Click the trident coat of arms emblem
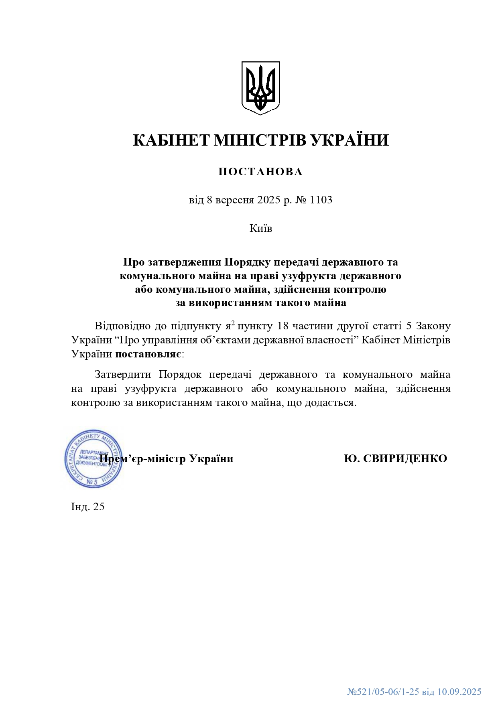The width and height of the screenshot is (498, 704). [x=260, y=88]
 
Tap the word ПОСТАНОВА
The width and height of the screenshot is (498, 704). [x=260, y=172]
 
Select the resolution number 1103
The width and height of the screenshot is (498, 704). [x=321, y=200]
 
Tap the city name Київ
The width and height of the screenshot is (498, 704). [x=261, y=229]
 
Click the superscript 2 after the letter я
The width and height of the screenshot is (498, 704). [x=233, y=323]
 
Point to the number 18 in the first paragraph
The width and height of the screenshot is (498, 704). [x=283, y=326]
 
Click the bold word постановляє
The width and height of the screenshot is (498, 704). [x=148, y=354]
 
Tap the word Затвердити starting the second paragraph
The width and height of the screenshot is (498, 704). [x=123, y=375]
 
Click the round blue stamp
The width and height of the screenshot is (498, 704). [x=94, y=459]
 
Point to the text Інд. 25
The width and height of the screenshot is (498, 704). [x=88, y=507]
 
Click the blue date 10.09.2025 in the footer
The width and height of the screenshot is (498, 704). [x=459, y=692]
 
